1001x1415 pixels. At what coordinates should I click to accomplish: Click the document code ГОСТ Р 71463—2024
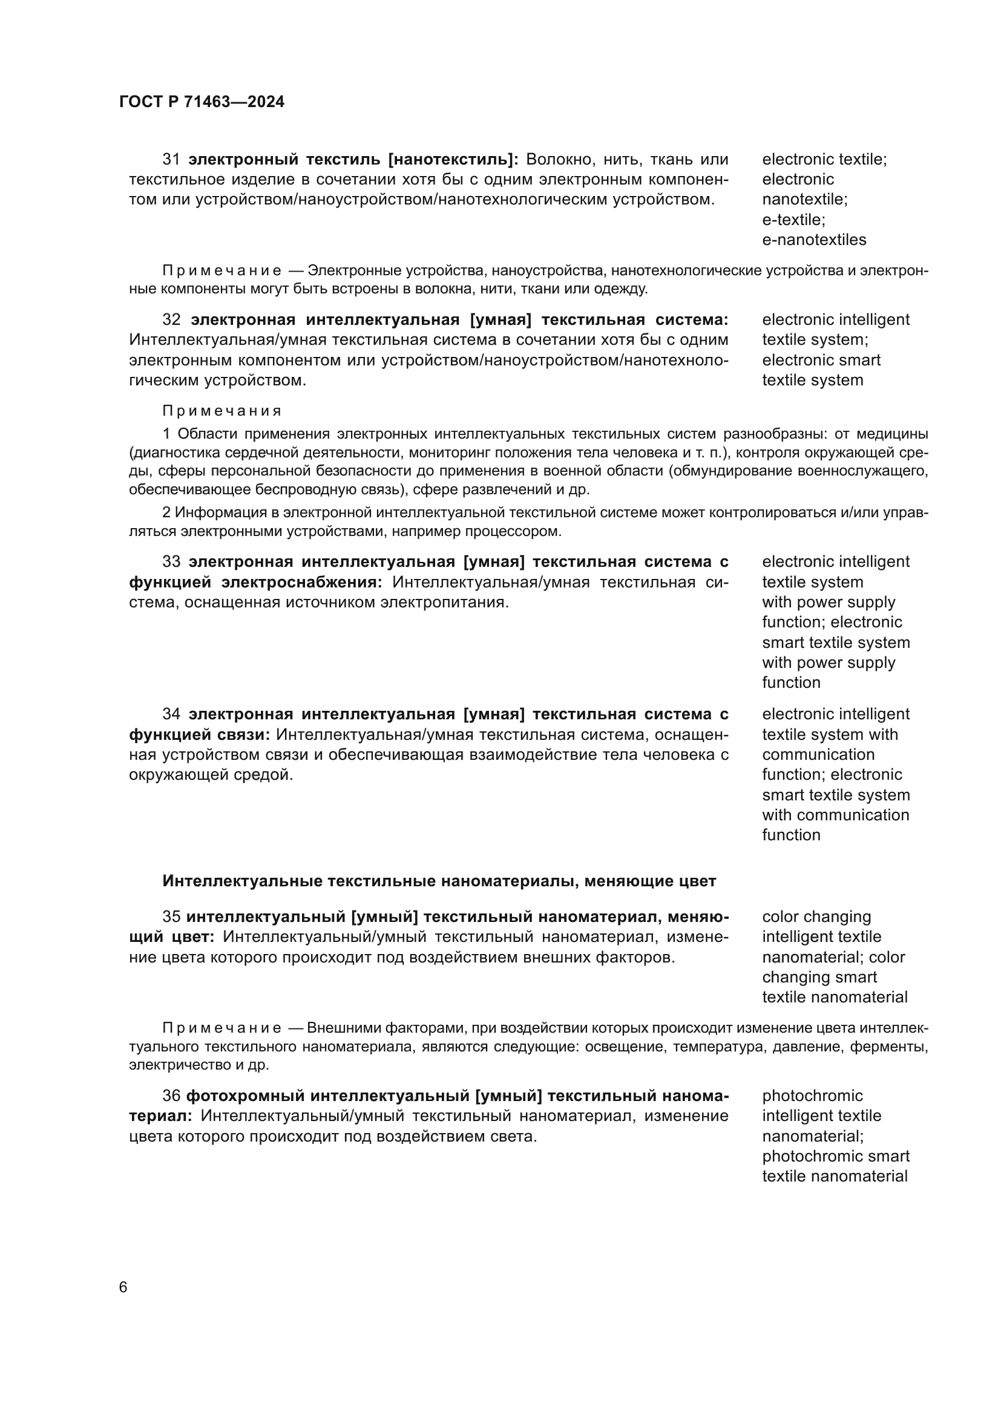(x=202, y=102)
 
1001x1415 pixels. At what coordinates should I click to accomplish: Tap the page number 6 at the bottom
(x=123, y=1287)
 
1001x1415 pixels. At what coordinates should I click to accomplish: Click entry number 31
(x=171, y=160)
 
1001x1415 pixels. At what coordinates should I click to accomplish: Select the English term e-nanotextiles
(x=813, y=240)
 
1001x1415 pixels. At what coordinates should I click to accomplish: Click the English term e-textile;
(x=793, y=220)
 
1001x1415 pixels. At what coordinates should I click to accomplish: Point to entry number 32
(x=171, y=320)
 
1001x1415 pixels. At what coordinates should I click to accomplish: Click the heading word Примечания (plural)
(x=222, y=411)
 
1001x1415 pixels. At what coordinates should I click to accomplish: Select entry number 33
(x=171, y=562)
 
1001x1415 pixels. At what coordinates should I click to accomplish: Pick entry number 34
(x=171, y=714)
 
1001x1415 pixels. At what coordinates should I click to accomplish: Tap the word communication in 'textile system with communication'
(x=818, y=754)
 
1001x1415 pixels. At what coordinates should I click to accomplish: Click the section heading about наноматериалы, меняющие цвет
(x=439, y=881)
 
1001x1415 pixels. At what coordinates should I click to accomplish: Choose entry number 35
(x=171, y=917)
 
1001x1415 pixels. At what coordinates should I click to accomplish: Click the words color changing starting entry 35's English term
(x=816, y=917)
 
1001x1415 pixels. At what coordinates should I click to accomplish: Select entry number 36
(x=171, y=1096)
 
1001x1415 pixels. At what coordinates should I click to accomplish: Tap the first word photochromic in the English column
(x=812, y=1096)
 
